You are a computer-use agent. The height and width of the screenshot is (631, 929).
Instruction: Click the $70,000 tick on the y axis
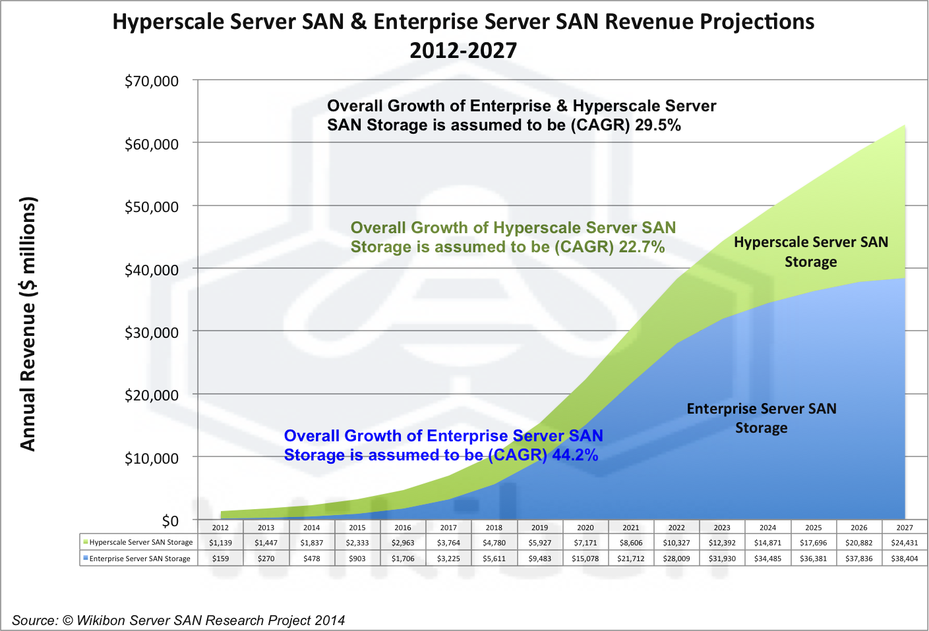coord(152,81)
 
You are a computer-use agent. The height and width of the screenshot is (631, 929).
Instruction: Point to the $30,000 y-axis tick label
coord(152,333)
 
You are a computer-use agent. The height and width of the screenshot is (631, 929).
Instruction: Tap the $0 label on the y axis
coord(170,521)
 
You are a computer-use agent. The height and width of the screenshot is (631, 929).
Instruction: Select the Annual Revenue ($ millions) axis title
coord(28,323)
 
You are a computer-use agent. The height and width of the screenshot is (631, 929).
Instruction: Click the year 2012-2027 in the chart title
coord(464,50)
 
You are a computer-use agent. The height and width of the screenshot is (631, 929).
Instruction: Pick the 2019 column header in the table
coord(539,528)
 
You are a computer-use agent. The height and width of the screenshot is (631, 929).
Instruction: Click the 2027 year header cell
coord(905,528)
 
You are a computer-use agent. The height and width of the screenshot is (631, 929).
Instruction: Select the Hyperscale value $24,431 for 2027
coord(905,543)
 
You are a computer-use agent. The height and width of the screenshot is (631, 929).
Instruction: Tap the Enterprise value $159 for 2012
coord(220,559)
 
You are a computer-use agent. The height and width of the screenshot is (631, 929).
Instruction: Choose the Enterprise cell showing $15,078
coord(585,559)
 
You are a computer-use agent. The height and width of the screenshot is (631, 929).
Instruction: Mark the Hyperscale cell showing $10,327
coord(676,543)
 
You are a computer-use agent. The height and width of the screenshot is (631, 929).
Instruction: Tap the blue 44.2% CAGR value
coord(575,455)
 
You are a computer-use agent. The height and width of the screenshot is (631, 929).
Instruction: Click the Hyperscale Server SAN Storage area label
coord(811,252)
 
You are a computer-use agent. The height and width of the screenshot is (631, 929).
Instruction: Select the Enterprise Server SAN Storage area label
coord(762,418)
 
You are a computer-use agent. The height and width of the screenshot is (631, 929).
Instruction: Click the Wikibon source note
coord(178,620)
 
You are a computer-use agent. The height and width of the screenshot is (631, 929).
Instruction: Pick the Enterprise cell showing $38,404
coord(905,559)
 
